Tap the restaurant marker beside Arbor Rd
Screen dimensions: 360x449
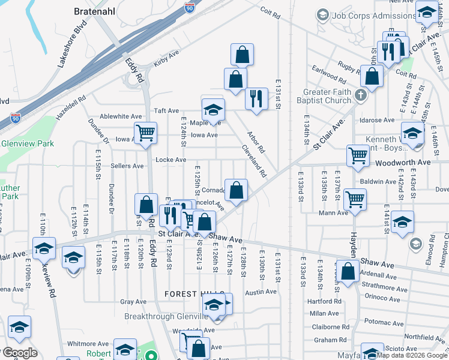click(x=256, y=97)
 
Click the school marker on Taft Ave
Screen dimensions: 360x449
click(x=212, y=109)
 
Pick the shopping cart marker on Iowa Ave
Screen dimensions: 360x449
click(x=145, y=133)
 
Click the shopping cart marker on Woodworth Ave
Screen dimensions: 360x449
click(x=358, y=155)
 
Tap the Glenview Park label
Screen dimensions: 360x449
click(x=27, y=144)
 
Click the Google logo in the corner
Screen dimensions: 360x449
click(x=19, y=353)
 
